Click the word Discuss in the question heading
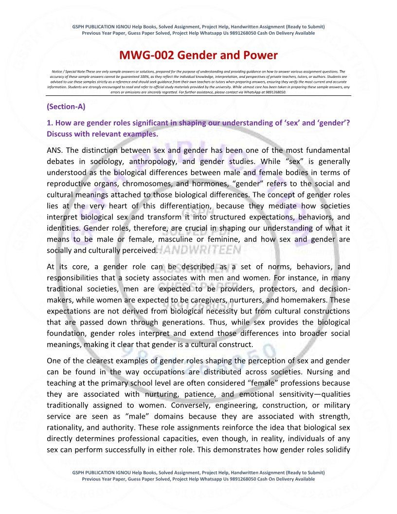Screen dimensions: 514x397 [x=61, y=134]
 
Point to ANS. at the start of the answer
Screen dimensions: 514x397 [x=55, y=149]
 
